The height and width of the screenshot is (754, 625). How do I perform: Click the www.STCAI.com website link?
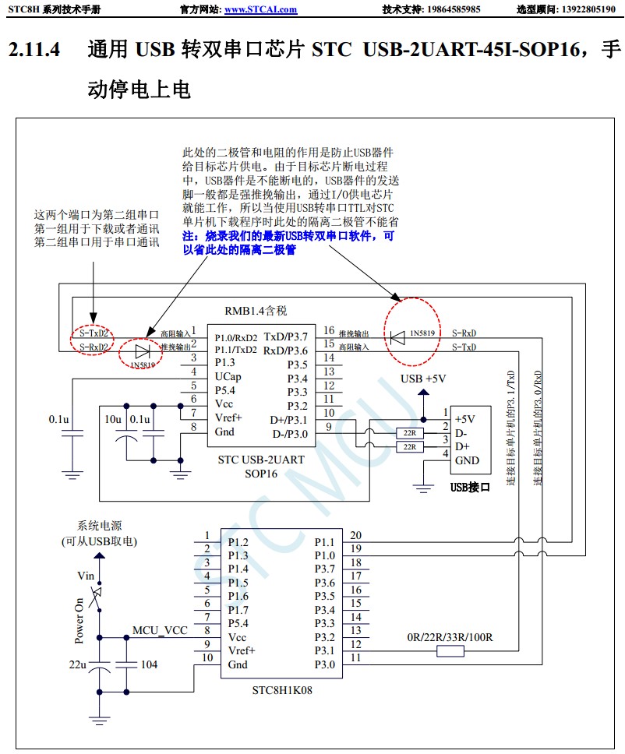(x=260, y=9)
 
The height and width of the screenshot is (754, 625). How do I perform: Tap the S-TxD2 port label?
(x=93, y=333)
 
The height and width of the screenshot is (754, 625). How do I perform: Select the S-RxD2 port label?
(x=94, y=346)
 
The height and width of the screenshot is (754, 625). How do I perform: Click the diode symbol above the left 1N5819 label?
(x=143, y=350)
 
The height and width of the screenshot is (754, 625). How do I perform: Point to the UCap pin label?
(x=228, y=376)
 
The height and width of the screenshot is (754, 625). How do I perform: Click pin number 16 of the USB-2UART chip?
(x=329, y=331)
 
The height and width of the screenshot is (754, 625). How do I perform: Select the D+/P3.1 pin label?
(x=288, y=419)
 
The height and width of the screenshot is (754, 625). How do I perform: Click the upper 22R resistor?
(x=409, y=432)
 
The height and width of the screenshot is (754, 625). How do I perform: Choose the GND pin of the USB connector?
(x=468, y=460)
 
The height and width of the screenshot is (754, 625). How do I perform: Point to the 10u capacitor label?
(x=114, y=419)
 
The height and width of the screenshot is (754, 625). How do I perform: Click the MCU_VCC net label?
(x=160, y=630)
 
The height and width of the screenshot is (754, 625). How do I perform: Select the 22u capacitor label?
(x=78, y=664)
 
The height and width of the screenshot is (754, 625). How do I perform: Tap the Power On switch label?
(x=79, y=621)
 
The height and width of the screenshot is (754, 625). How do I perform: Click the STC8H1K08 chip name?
(x=281, y=690)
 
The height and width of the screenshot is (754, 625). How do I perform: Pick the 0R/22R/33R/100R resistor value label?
(x=450, y=637)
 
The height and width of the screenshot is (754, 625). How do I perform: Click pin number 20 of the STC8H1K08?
(x=355, y=535)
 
